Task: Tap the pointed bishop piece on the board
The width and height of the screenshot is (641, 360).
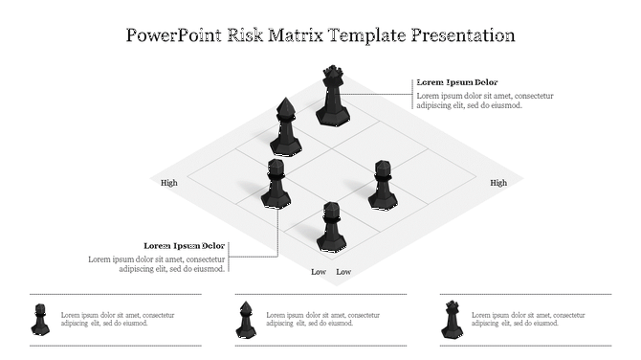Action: tap(285, 127)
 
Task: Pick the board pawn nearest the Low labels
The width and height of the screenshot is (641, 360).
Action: tap(330, 227)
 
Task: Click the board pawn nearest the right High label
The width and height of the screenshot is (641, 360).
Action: tap(383, 186)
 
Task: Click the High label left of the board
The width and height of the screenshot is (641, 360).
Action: tap(169, 183)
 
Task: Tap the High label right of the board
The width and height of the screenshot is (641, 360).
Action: tap(498, 183)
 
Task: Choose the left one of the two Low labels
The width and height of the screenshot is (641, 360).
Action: tap(319, 272)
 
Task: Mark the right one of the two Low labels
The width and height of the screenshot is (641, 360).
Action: tap(343, 272)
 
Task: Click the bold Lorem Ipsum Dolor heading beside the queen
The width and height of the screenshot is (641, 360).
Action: tap(457, 82)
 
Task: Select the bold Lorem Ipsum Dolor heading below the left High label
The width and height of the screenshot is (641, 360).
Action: tap(185, 246)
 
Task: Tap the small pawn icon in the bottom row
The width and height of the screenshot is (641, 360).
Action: tap(40, 319)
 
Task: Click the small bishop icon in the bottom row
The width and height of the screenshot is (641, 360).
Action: tap(245, 320)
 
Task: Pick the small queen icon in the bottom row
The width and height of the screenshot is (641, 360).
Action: tap(451, 319)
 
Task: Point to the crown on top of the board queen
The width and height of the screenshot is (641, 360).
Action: tap(333, 71)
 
